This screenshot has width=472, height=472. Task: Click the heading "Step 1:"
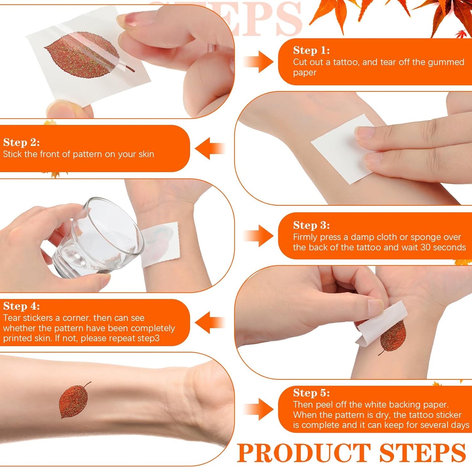pos(311,50)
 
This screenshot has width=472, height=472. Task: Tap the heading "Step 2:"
pos(22,142)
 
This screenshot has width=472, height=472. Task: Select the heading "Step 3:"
pos(311,225)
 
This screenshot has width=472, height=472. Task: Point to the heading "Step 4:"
pos(22,306)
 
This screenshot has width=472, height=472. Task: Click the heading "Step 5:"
pos(311,393)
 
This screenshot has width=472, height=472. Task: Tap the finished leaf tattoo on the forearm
pos(74,401)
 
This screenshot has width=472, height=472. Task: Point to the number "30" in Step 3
pos(425,247)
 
